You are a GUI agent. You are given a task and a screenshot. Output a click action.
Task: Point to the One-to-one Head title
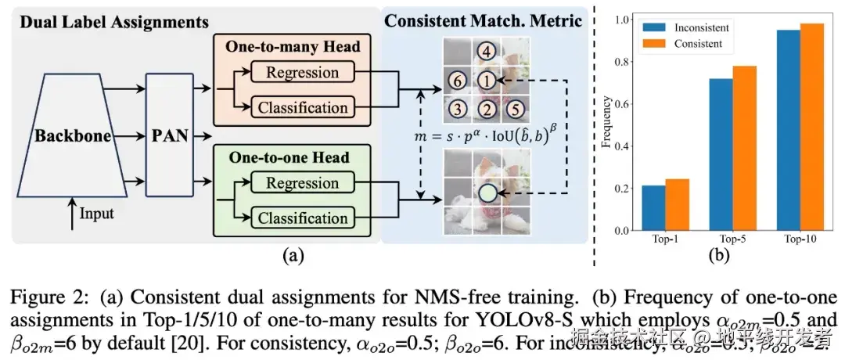pyautogui.click(x=294, y=157)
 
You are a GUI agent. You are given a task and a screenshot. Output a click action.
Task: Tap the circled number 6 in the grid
pyautogui.click(x=458, y=81)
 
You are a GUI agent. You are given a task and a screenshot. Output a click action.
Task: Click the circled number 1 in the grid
pyautogui.click(x=487, y=81)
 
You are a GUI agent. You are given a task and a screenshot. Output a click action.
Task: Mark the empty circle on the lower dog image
pyautogui.click(x=487, y=191)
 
